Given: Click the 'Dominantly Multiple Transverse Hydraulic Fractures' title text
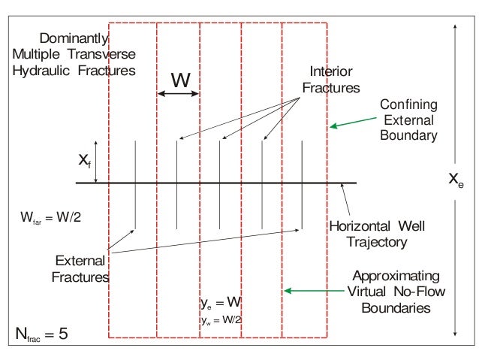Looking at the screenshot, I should pyautogui.click(x=74, y=54).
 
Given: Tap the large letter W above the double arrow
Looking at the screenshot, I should pyautogui.click(x=181, y=78).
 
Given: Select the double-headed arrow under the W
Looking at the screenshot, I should pyautogui.click(x=179, y=93).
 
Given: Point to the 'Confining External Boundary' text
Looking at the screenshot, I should pyautogui.click(x=408, y=119).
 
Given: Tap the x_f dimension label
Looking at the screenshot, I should pyautogui.click(x=84, y=159).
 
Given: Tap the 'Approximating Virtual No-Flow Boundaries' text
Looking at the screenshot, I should pyautogui.click(x=395, y=291).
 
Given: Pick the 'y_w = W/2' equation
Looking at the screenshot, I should pyautogui.click(x=221, y=319).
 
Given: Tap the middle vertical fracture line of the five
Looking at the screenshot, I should pyautogui.click(x=219, y=183).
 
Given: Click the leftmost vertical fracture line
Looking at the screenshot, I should pyautogui.click(x=134, y=183).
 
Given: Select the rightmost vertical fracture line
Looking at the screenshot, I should pyautogui.click(x=301, y=183).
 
